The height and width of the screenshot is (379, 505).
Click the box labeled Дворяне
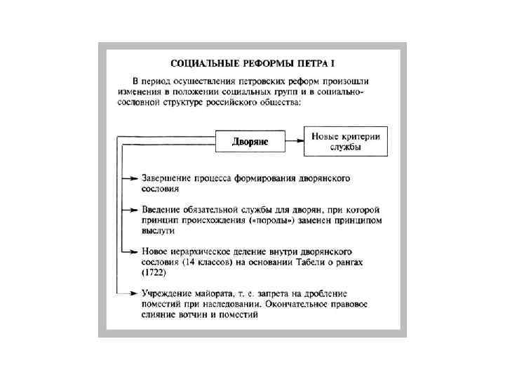click(x=250, y=142)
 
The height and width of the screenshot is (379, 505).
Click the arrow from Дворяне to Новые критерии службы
click(x=295, y=142)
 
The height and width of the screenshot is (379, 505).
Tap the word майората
click(x=215, y=293)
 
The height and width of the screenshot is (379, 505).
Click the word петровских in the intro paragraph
click(x=255, y=81)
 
